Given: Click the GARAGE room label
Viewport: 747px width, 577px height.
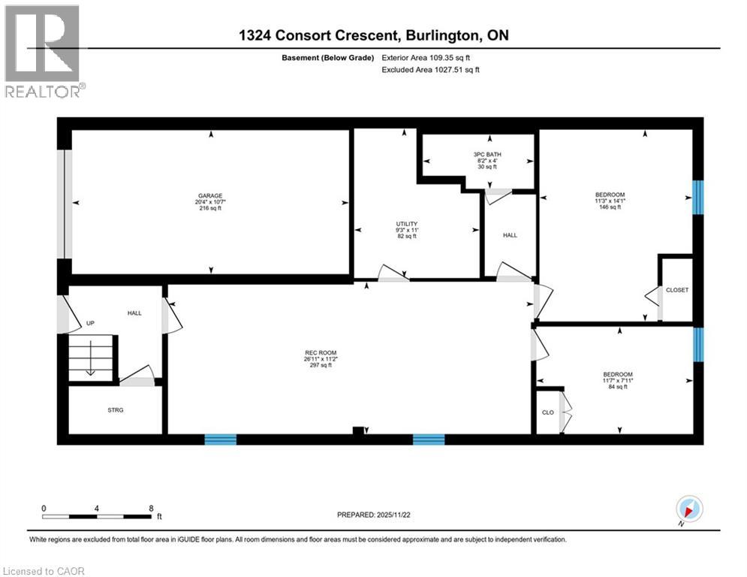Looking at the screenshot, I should [210, 195].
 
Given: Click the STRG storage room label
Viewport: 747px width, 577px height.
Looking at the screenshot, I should [115, 409].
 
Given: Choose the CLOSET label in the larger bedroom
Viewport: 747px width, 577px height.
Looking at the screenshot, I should [676, 289].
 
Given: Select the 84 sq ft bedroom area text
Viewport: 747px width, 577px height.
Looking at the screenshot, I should [618, 387].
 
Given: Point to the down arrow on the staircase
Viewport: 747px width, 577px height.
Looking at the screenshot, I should [90, 358].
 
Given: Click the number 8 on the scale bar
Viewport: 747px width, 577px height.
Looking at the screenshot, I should [151, 508].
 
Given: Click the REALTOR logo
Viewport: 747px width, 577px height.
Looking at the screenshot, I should [43, 51].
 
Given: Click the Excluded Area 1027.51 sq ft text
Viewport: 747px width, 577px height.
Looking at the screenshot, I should [431, 69].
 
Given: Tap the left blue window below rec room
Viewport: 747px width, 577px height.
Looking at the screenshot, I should [221, 440].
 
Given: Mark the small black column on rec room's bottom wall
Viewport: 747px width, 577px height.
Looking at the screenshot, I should [359, 431].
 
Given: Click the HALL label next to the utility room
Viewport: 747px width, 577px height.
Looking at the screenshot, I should [510, 235].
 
